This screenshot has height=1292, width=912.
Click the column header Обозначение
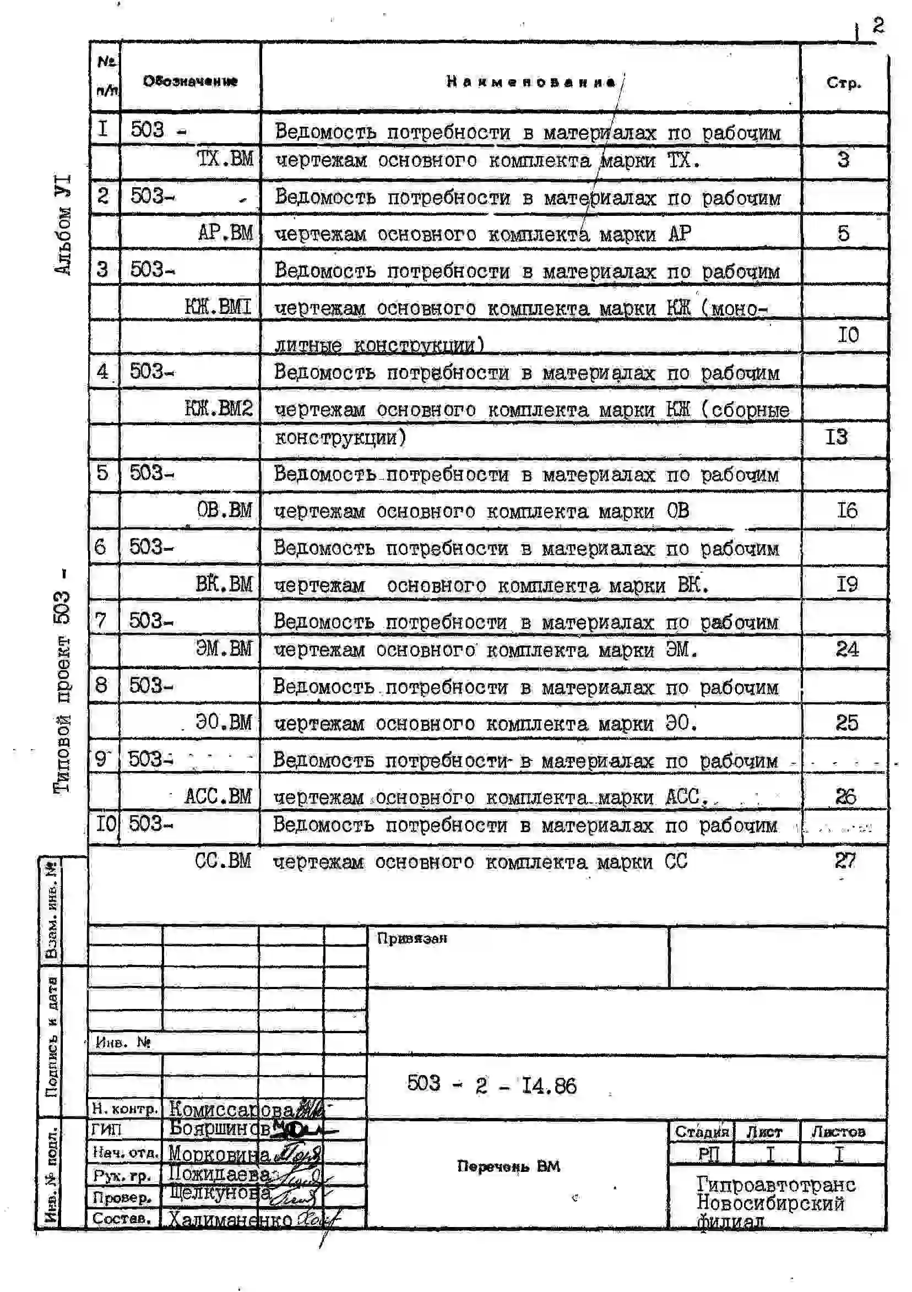190,81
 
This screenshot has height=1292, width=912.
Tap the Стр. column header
843,83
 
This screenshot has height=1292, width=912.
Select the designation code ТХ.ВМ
225,159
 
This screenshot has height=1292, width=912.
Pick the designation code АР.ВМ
225,232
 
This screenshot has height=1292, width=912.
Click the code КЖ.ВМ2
219,409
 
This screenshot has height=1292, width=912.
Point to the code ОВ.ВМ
224,511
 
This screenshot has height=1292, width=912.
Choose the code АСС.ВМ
218,796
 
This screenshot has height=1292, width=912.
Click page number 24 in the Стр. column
846,649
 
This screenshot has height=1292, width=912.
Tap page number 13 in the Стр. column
837,437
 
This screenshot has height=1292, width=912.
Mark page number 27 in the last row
845,860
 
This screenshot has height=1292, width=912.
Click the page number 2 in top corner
878,25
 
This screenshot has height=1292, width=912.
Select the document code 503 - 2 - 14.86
492,1084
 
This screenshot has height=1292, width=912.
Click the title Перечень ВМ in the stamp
509,1166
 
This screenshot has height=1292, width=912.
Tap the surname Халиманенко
230,1219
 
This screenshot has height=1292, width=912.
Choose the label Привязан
412,938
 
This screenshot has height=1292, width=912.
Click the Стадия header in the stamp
701,1132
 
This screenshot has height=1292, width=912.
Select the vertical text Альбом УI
63,225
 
